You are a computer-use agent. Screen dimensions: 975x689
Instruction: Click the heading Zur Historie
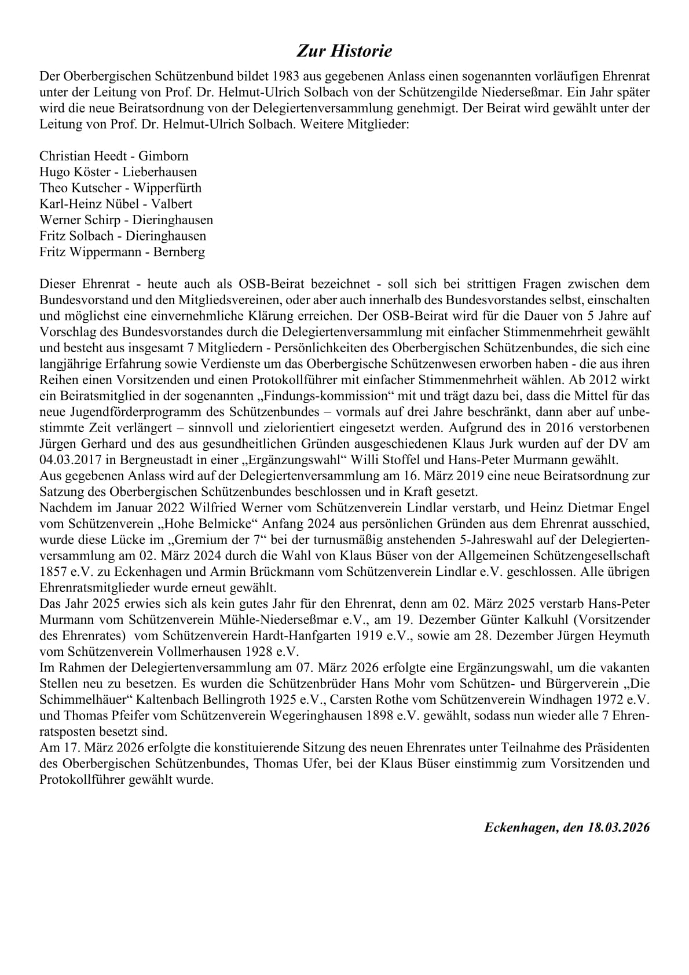click(345, 51)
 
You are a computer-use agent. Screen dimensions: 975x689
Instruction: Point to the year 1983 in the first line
click(285, 76)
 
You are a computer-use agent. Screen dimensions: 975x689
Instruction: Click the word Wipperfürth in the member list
click(167, 188)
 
